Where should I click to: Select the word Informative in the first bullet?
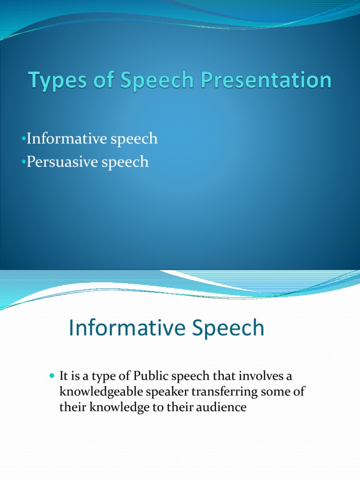[x=64, y=139]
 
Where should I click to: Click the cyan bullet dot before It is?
[x=52, y=376]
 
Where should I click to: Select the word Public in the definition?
[x=150, y=376]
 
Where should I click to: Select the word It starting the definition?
[x=64, y=376]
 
